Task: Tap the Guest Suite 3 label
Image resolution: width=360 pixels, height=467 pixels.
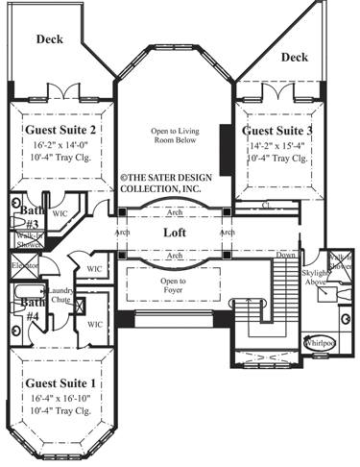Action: (x=277, y=130)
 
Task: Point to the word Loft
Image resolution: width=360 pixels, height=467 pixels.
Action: (x=174, y=233)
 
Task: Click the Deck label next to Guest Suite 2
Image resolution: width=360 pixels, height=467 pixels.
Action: (x=50, y=39)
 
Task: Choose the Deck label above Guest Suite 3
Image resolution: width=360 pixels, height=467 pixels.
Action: (x=296, y=58)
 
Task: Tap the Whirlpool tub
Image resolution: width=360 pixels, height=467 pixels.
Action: (x=319, y=342)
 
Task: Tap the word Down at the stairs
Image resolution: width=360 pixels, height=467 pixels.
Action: (x=286, y=257)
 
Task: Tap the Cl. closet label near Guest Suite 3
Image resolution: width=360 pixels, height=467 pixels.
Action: (x=265, y=205)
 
